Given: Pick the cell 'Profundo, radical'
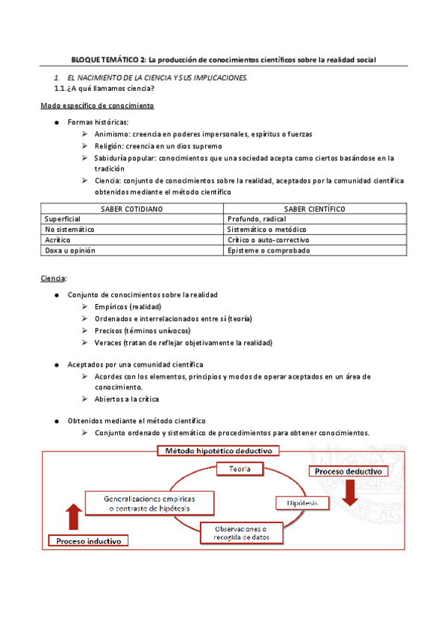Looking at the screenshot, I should [x=257, y=219].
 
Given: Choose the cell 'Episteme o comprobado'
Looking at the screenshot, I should [x=269, y=250].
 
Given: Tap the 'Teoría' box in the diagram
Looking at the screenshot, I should [x=240, y=468].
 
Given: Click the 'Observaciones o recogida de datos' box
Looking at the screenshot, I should [x=241, y=532].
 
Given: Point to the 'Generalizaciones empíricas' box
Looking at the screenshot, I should [x=148, y=502].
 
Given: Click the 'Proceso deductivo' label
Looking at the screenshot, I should [x=348, y=472].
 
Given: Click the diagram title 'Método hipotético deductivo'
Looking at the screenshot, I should [x=217, y=450].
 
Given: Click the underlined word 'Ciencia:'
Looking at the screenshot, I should [x=54, y=278].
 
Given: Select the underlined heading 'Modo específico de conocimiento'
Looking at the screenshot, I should [x=97, y=106].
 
